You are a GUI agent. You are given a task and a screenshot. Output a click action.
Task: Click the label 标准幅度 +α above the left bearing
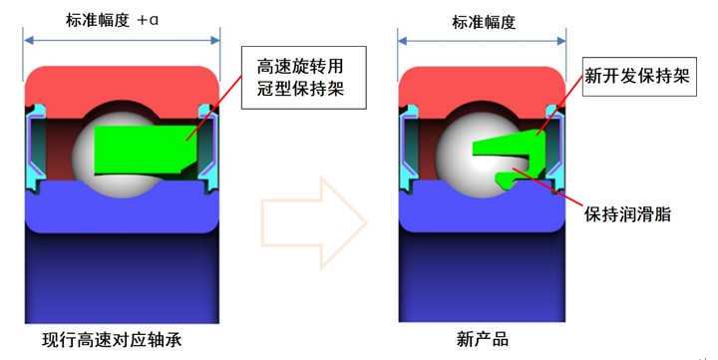[122, 19]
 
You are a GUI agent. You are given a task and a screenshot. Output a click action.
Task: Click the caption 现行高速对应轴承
[121, 339]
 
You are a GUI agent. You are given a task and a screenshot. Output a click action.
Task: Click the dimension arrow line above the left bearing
[122, 41]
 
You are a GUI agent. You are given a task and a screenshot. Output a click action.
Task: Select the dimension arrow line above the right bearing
[485, 41]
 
